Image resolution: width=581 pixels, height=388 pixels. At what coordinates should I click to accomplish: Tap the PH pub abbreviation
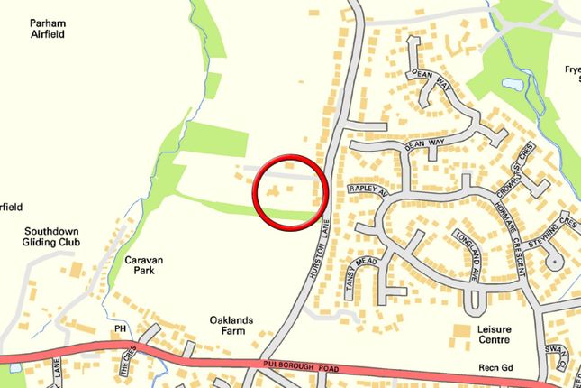coord(120,329)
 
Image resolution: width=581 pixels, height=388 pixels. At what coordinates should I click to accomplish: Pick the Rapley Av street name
coord(366,190)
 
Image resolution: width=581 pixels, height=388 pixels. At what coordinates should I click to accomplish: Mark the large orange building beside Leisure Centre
coord(461,333)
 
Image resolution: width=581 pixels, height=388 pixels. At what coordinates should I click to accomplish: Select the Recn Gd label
coord(495,370)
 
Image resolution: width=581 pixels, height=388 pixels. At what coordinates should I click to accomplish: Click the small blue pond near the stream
coord(512,83)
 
